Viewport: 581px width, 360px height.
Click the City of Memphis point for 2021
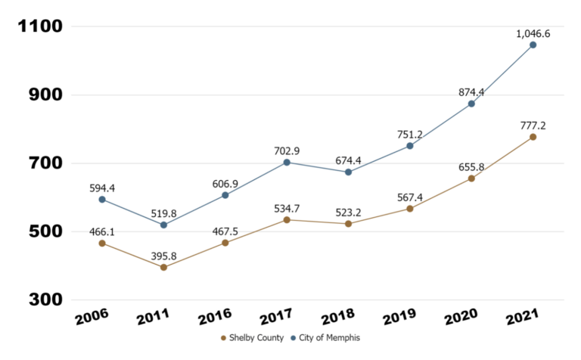tap(533, 45)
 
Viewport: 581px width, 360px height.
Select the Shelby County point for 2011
tap(163, 267)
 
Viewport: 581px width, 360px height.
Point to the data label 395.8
tap(163, 256)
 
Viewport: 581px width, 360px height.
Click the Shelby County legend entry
tap(252, 337)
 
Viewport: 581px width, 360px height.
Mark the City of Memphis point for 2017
tap(287, 162)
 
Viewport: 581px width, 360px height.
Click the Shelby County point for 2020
tap(471, 178)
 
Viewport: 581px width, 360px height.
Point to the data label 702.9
tap(287, 151)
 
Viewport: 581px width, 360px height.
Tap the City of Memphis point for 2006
tap(102, 200)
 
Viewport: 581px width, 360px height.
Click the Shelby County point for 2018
tap(348, 224)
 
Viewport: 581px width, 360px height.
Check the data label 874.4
tap(471, 92)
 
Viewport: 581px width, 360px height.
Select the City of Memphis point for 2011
tap(163, 225)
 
